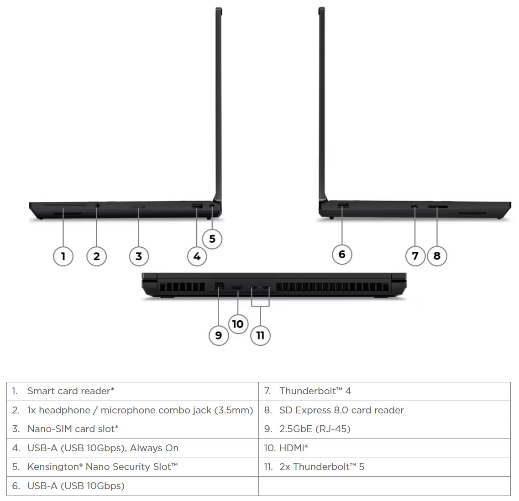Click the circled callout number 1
(x=63, y=256)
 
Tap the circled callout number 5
(x=212, y=238)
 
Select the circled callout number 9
(x=219, y=335)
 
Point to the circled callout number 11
(x=260, y=335)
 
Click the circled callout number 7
(x=415, y=256)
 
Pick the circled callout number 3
(x=139, y=256)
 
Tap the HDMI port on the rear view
(x=237, y=287)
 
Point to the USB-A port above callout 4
(x=197, y=207)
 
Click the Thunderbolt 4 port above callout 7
(x=414, y=207)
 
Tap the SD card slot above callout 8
(x=437, y=207)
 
